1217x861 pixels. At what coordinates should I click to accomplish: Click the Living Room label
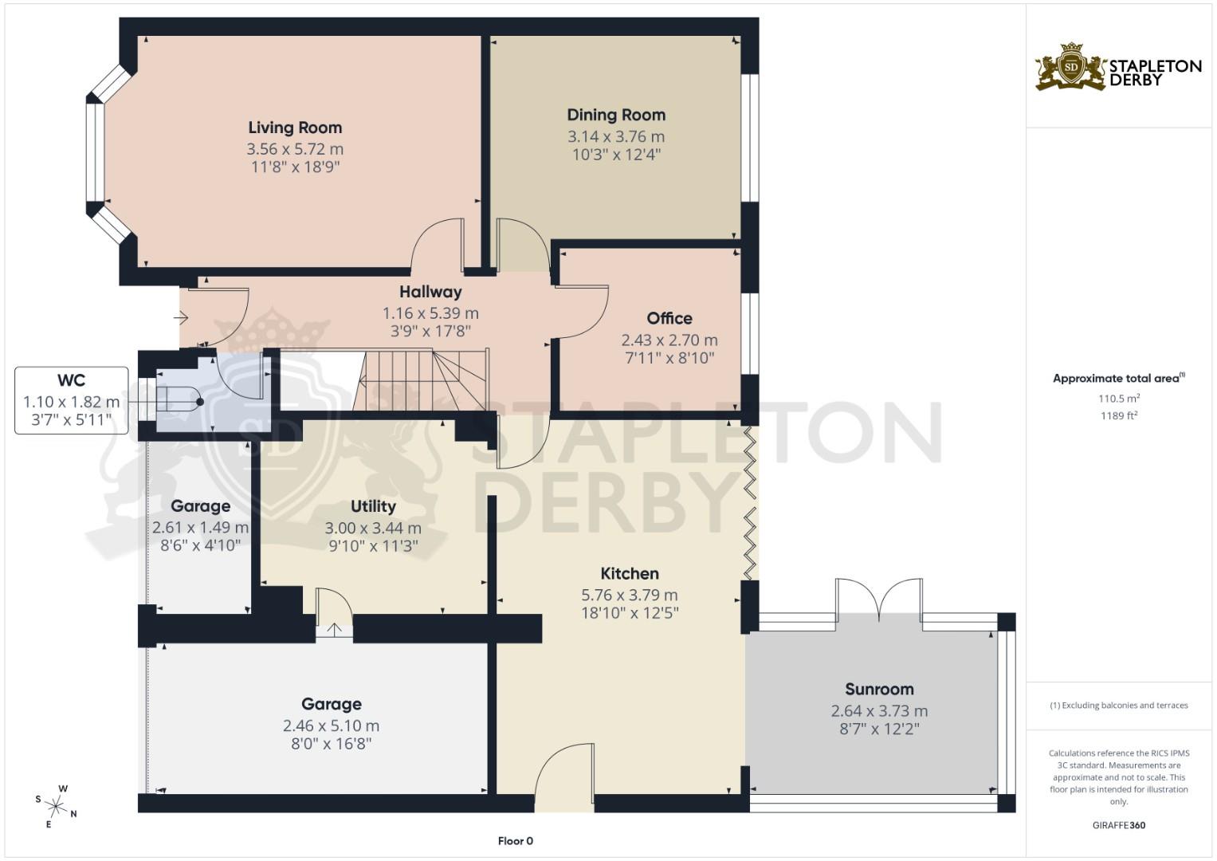tap(295, 128)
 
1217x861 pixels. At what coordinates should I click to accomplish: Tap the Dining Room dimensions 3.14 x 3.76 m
tap(615, 136)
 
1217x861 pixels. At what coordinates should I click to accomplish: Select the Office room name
tap(669, 318)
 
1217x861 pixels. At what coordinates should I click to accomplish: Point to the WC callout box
tap(71, 400)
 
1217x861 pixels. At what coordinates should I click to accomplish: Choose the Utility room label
tap(373, 506)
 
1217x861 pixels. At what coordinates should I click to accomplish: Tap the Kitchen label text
tap(629, 573)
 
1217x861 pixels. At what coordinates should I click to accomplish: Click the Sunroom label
tap(879, 689)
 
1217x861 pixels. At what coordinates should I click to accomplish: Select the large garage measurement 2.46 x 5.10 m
tap(331, 725)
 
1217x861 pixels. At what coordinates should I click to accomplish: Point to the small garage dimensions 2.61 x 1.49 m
tap(200, 528)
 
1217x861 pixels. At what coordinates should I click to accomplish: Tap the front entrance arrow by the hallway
tap(180, 319)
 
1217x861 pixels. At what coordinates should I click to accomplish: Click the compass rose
tap(56, 805)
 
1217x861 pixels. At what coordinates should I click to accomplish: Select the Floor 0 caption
tap(515, 841)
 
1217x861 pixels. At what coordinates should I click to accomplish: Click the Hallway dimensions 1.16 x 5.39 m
tap(430, 313)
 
